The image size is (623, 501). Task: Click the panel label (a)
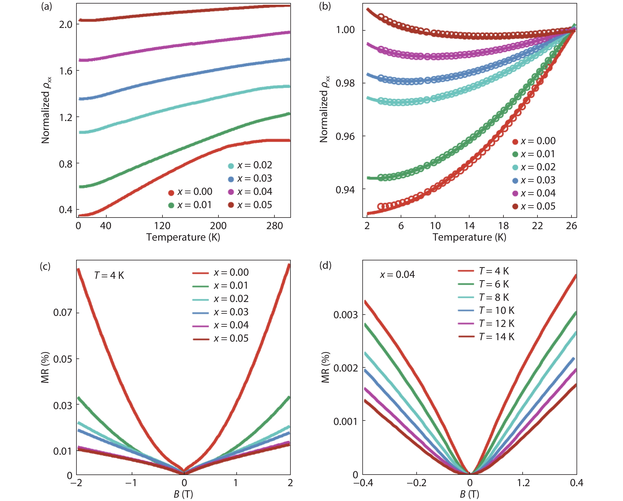click(x=46, y=6)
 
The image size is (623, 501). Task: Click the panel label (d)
click(x=325, y=265)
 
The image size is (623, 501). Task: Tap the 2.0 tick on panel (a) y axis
click(x=66, y=25)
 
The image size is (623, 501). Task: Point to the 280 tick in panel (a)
click(x=274, y=226)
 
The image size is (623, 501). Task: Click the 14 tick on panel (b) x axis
click(x=469, y=226)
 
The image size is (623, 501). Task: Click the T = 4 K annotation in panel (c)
click(x=109, y=275)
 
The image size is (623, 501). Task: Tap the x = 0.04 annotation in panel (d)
click(x=397, y=274)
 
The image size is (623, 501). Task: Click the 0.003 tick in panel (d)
click(x=345, y=315)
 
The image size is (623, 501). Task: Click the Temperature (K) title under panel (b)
click(x=469, y=237)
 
